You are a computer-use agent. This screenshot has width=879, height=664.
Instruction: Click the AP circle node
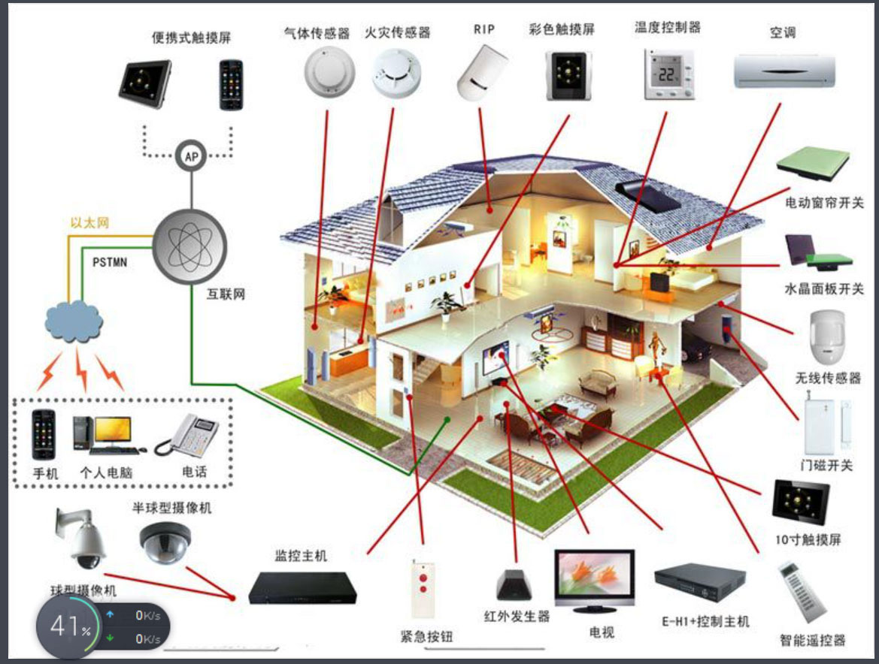(191, 155)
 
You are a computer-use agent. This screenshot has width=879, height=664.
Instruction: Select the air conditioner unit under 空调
(784, 71)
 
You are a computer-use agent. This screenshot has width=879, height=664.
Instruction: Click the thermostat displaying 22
(668, 74)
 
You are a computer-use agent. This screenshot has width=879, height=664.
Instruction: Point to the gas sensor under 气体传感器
(329, 71)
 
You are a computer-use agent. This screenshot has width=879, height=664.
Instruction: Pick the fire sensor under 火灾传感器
(396, 73)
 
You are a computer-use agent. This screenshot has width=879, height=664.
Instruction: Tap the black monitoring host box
(302, 587)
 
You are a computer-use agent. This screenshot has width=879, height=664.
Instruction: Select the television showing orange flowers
(594, 581)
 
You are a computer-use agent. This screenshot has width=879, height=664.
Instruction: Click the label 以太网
(89, 223)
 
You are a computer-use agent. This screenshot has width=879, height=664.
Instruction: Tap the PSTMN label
(110, 262)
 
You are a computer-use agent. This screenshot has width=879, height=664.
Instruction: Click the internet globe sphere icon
(190, 246)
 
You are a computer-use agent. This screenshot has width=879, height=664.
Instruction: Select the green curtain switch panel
(814, 163)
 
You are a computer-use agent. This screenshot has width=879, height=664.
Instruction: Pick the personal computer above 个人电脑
(107, 435)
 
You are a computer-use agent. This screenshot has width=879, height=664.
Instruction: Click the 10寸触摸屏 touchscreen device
(801, 502)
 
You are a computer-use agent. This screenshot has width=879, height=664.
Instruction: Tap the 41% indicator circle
(68, 626)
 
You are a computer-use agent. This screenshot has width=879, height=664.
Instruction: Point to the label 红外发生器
(517, 617)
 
